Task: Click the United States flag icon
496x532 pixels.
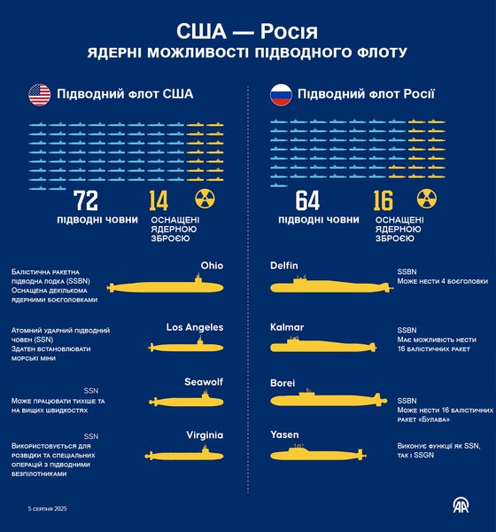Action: [x=40, y=94]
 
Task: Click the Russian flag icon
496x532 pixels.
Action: [x=282, y=94]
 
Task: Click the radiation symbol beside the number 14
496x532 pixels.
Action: [x=205, y=201]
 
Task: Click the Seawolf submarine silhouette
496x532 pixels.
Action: [x=187, y=402]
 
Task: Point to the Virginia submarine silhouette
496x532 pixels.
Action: [x=186, y=455]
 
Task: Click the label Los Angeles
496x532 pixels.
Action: [x=195, y=326]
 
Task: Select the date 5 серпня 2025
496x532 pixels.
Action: [x=48, y=509]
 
